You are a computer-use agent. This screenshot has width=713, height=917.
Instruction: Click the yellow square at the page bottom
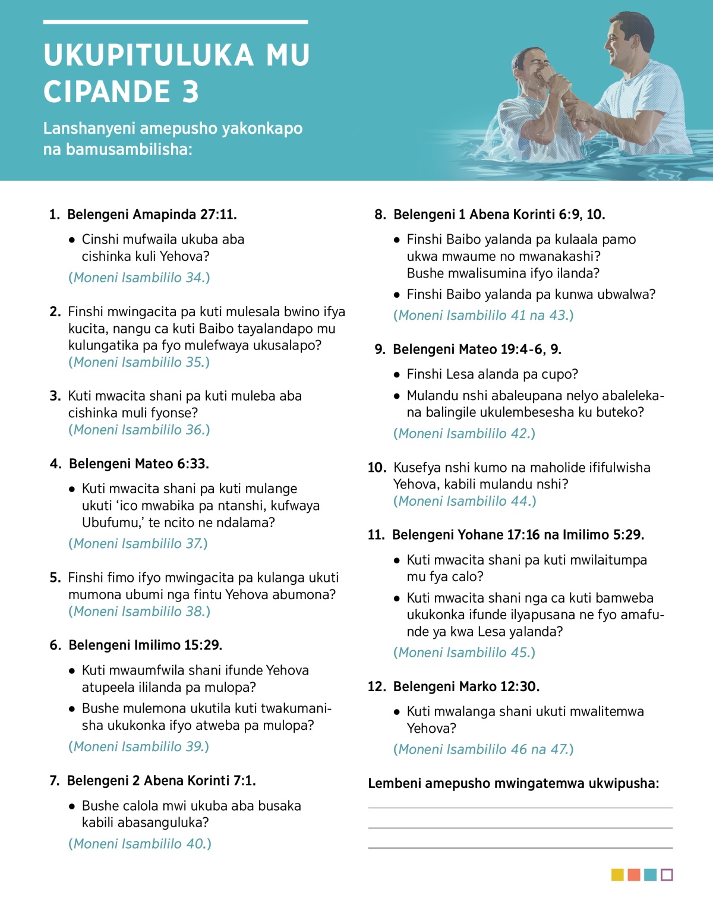(617, 875)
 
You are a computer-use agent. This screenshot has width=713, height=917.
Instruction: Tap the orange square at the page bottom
(634, 875)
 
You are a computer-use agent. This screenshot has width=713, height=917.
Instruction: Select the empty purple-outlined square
(667, 875)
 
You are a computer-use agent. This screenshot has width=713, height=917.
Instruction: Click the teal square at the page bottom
(650, 875)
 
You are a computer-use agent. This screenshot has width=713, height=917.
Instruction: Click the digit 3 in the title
(190, 92)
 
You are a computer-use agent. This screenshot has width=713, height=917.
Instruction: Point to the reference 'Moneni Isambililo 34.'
(139, 278)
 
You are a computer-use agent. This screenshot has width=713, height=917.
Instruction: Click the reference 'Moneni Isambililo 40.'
(140, 844)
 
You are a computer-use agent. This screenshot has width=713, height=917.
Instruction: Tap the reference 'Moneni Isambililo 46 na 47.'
(483, 749)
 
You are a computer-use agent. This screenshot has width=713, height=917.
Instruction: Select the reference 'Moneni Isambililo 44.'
(465, 501)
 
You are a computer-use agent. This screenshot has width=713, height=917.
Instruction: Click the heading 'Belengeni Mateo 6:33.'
(139, 464)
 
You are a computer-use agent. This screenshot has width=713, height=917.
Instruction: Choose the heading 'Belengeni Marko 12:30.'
(466, 686)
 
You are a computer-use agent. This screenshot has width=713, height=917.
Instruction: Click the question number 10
(377, 468)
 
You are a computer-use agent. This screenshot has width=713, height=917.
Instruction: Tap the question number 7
(54, 780)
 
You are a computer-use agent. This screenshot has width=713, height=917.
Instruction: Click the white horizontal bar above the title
(175, 22)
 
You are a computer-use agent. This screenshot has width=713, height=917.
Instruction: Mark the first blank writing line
(520, 808)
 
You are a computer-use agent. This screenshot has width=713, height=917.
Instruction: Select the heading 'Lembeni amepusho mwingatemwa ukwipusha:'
(513, 783)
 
